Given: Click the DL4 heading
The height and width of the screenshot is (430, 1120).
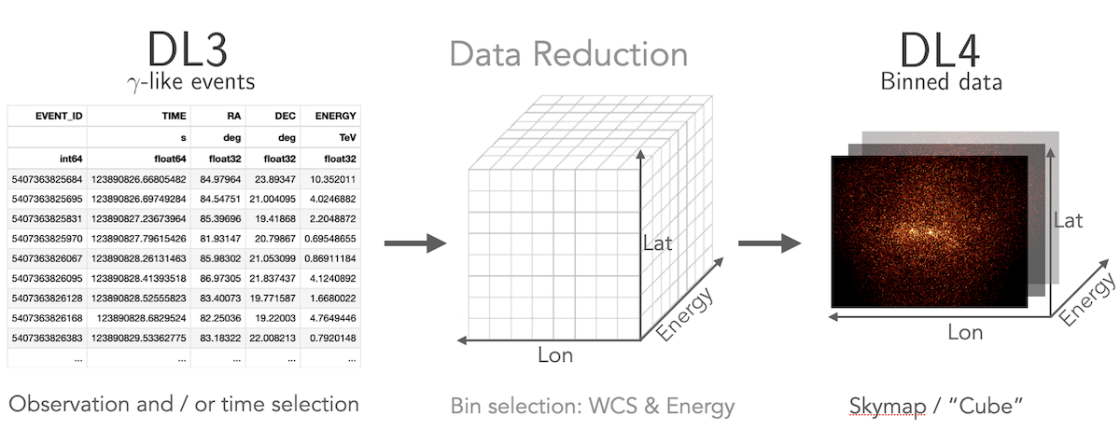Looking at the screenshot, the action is (x=940, y=50).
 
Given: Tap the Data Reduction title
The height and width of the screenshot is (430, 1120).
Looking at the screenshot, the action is (x=568, y=54).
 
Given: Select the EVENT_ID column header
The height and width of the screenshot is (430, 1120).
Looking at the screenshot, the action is (x=59, y=116).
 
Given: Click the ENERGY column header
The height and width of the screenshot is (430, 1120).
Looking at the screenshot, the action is (x=335, y=116).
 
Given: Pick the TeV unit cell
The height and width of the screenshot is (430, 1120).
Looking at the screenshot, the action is (x=347, y=137).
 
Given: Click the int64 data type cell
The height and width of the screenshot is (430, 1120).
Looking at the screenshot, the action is (x=71, y=159).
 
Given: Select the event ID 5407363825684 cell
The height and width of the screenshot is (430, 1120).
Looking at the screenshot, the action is (x=47, y=179).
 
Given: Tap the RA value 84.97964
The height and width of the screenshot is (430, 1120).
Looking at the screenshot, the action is (x=220, y=179).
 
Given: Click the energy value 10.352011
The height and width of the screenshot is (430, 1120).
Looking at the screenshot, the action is (x=332, y=179).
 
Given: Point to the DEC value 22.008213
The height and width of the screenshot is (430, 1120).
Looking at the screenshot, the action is (x=273, y=338).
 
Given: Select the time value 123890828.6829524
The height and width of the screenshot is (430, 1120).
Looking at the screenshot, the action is (x=141, y=318).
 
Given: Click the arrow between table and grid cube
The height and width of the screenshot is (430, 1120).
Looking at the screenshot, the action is (x=415, y=243).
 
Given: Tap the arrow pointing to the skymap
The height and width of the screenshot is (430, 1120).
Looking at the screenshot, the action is (x=769, y=243).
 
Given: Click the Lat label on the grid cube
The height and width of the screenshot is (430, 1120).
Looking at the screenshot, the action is (x=657, y=243).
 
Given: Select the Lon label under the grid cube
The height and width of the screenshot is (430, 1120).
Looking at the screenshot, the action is (x=555, y=355).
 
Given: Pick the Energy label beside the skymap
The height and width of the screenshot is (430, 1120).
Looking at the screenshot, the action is (x=1088, y=299).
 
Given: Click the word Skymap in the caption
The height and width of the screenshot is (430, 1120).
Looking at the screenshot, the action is (x=888, y=406).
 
